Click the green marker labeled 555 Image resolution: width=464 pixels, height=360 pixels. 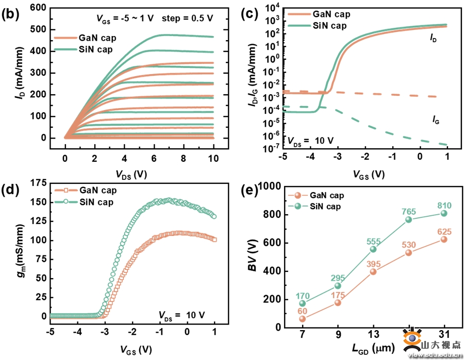pos(373,249)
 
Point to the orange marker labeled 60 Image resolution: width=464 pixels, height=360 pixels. pos(302,319)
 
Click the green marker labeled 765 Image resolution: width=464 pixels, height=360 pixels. pos(409,219)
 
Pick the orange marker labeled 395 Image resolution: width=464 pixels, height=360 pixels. pos(373,271)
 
